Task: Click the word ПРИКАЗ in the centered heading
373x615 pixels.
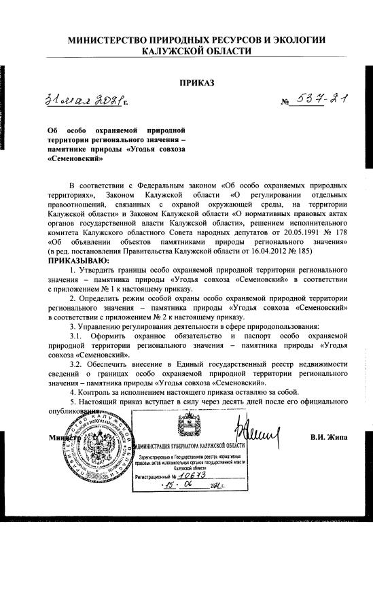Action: click(196, 83)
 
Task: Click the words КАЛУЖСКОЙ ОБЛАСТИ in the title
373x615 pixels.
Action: click(196, 52)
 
